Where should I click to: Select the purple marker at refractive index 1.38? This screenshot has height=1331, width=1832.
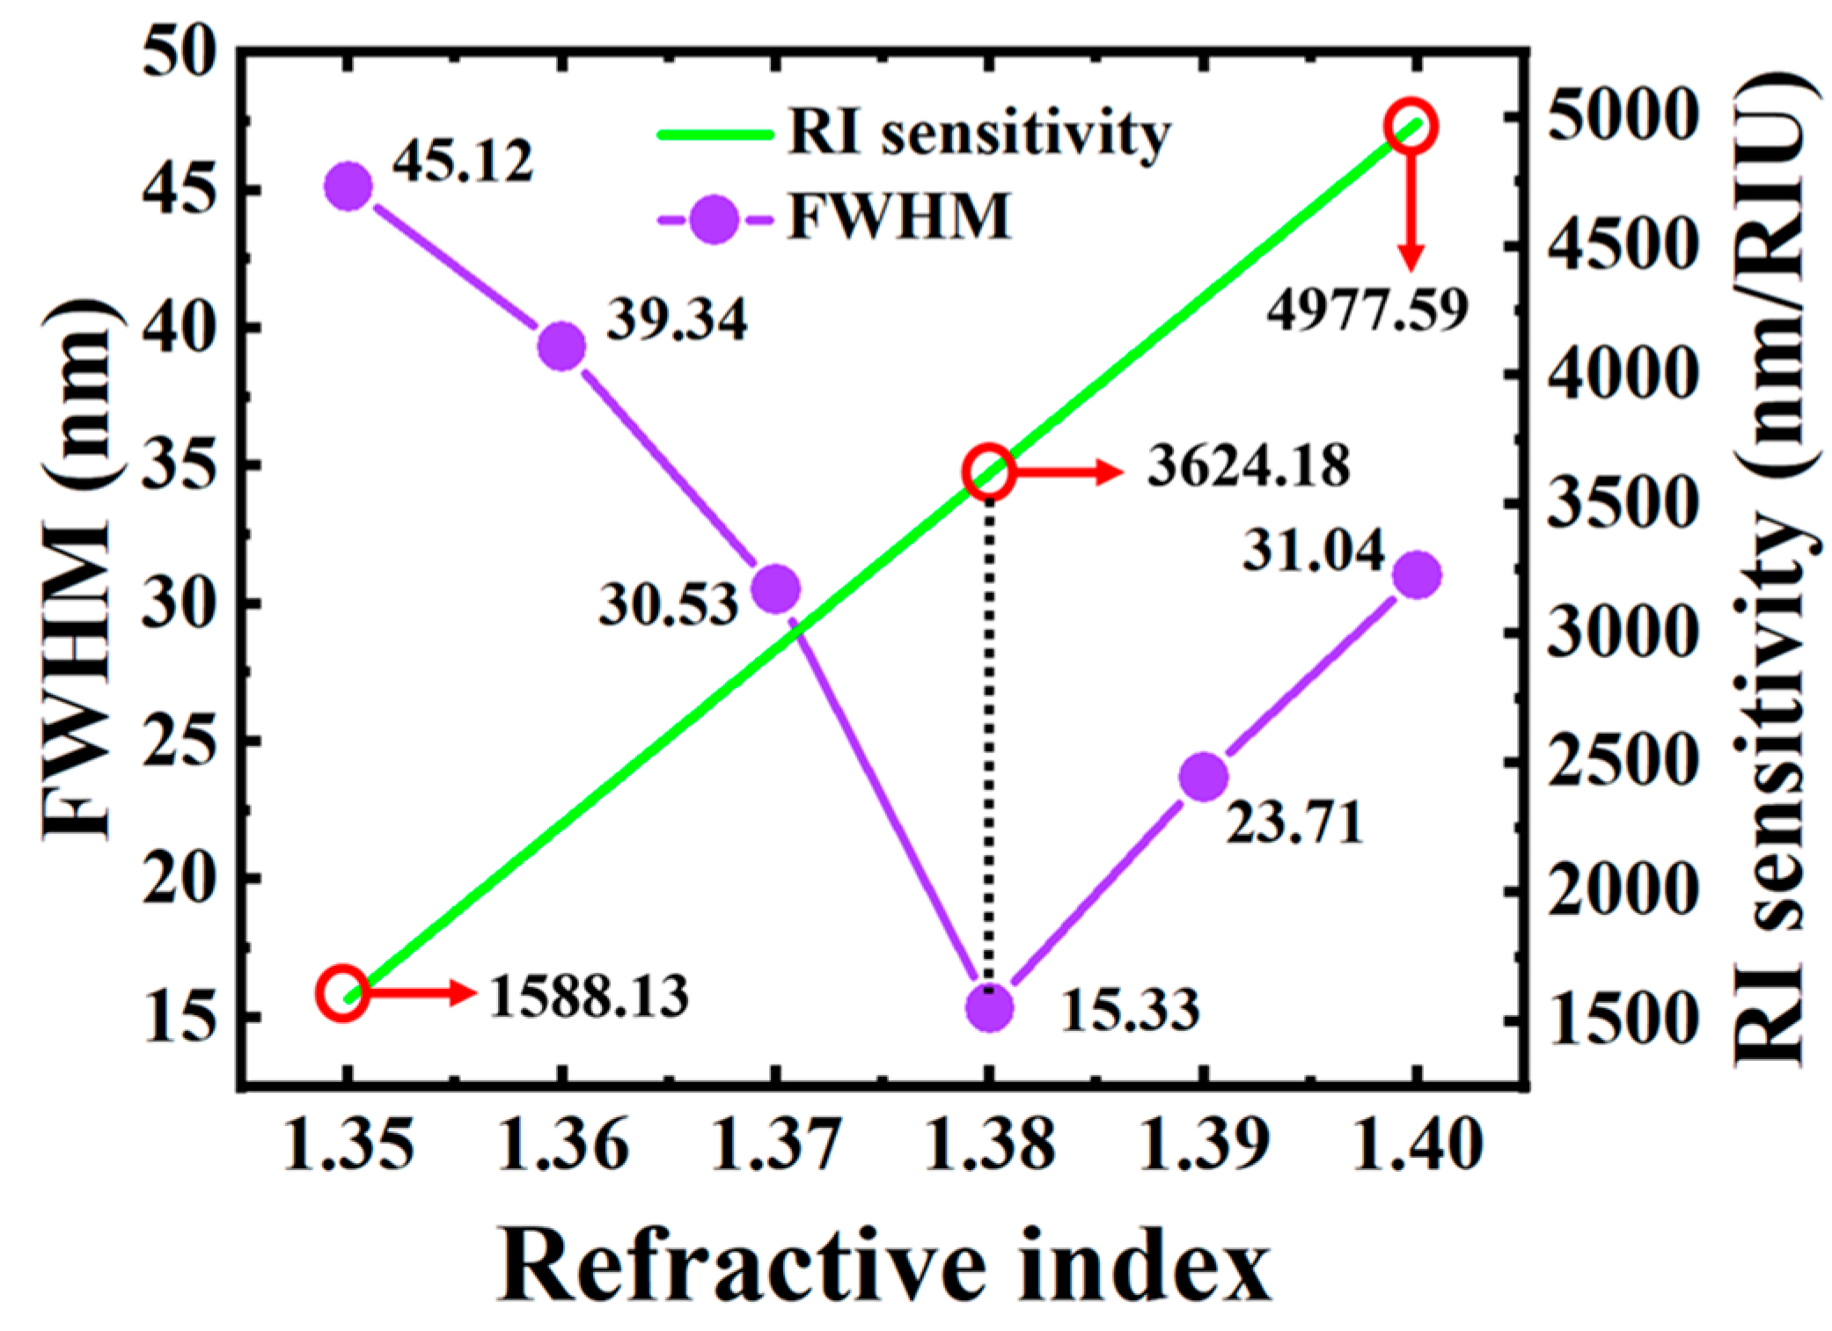(989, 1007)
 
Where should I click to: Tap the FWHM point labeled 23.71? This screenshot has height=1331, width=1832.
(1203, 776)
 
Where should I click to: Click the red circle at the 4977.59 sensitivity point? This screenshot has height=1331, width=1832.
(1411, 127)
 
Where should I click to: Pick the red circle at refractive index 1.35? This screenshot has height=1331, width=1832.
(343, 992)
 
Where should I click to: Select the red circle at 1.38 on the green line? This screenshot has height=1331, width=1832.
(988, 472)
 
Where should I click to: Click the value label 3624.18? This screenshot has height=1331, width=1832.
(1248, 467)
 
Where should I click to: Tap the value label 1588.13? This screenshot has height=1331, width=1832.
(588, 998)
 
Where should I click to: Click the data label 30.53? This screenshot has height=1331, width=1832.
(668, 606)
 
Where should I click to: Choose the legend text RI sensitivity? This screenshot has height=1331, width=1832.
(979, 134)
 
